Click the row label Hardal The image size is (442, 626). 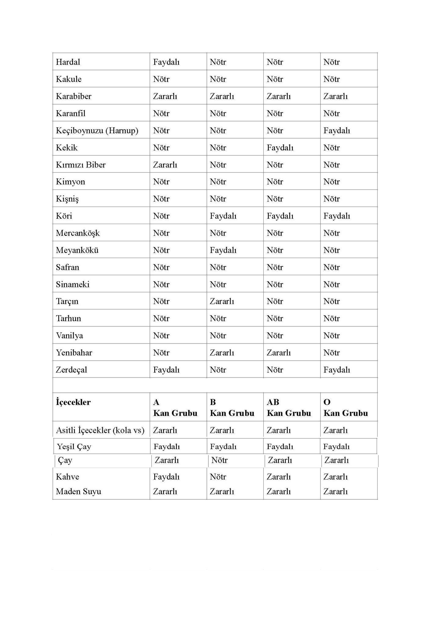pyautogui.click(x=68, y=62)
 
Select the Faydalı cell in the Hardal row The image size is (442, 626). pyautogui.click(x=166, y=62)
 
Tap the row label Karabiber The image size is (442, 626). pyautogui.click(x=74, y=96)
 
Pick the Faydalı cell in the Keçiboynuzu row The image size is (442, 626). pyautogui.click(x=337, y=131)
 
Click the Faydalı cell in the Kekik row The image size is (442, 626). pyautogui.click(x=280, y=148)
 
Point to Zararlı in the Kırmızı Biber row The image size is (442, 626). pyautogui.click(x=165, y=165)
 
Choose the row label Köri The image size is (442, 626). pyautogui.click(x=64, y=216)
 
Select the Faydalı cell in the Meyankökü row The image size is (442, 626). pyautogui.click(x=223, y=250)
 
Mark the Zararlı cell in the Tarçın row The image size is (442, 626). pyautogui.click(x=222, y=301)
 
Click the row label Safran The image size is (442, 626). pyautogui.click(x=68, y=267)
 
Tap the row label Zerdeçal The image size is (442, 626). pyautogui.click(x=71, y=370)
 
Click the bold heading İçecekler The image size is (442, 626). pyautogui.click(x=73, y=402)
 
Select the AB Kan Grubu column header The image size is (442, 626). pyautogui.click(x=289, y=407)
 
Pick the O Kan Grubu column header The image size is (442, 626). pyautogui.click(x=345, y=407)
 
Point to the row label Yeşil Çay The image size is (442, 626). pyautogui.click(x=74, y=447)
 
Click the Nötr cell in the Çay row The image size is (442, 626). pyautogui.click(x=219, y=460)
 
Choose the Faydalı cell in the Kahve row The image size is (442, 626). pyautogui.click(x=166, y=477)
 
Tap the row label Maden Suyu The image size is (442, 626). pyautogui.click(x=79, y=491)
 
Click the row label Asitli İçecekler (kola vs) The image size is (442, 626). pyautogui.click(x=100, y=430)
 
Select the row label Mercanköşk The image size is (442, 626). pyautogui.click(x=78, y=233)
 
